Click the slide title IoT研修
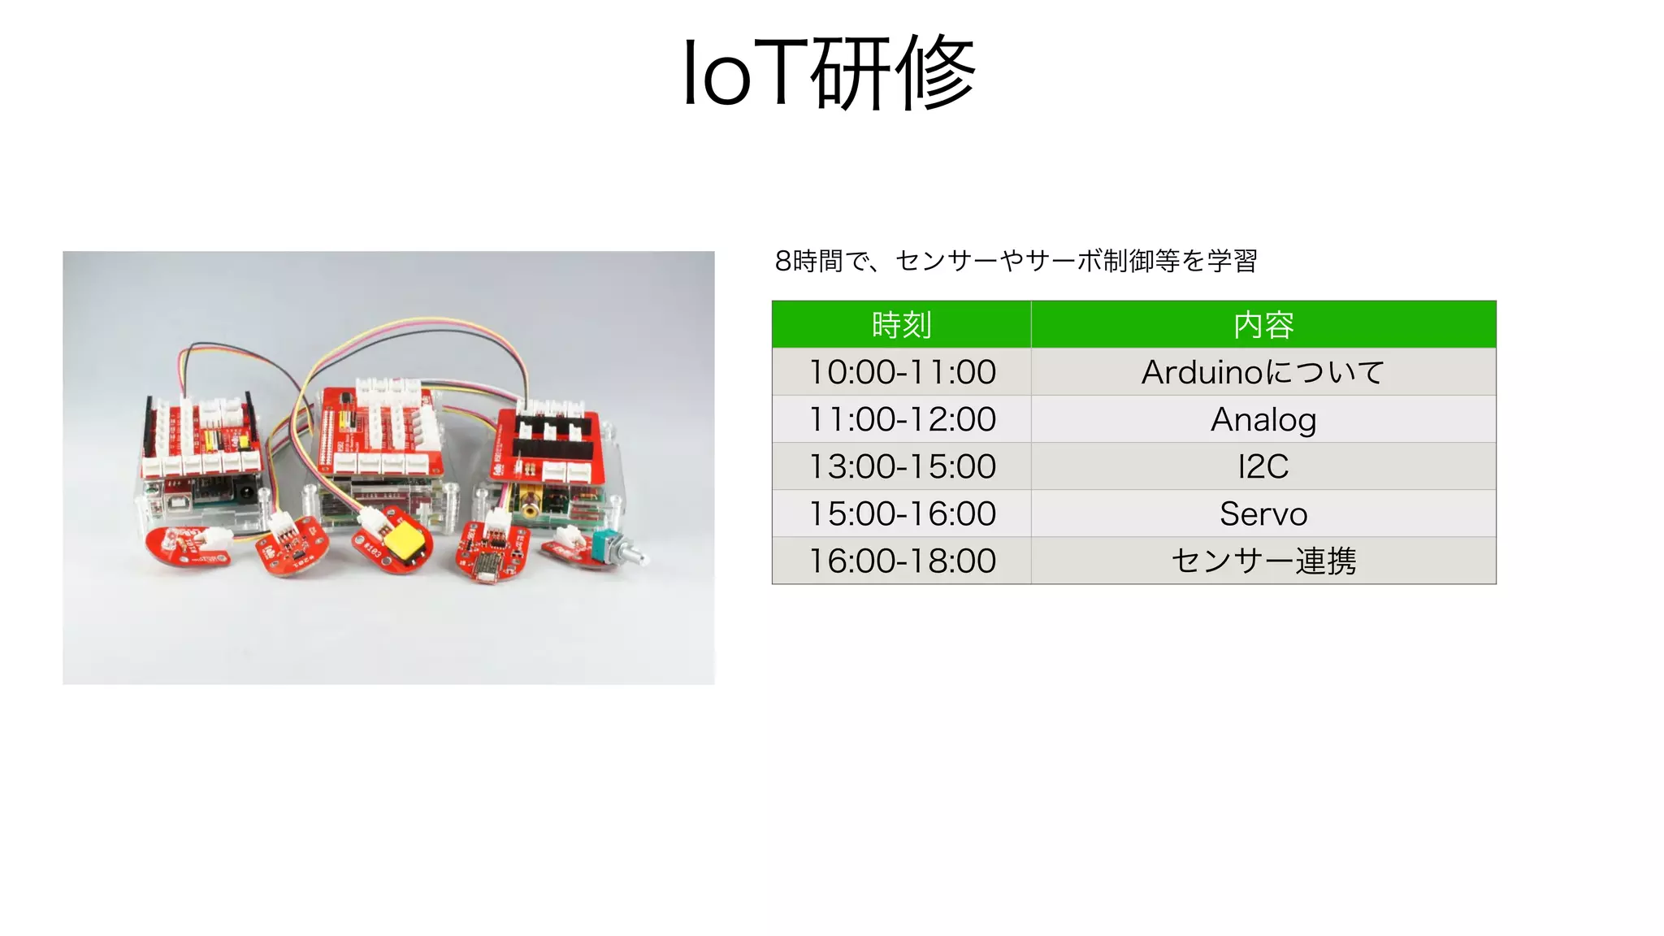pos(829,73)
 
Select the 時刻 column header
pos(901,325)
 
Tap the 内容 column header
pos(1263,325)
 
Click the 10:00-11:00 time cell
pos(902,372)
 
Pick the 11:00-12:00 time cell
pos(902,419)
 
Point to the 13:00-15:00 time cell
pos(902,466)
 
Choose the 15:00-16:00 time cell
pos(902,513)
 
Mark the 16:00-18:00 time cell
pos(902,561)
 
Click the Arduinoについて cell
pos(1263,372)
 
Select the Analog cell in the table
pos(1263,419)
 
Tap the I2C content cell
pos(1263,466)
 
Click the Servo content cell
pos(1263,513)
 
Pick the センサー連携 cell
pos(1263,561)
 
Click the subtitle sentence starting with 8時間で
pos(1016,261)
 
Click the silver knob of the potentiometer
pos(634,557)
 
